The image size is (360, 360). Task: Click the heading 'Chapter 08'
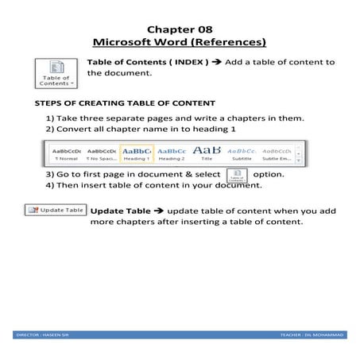179,26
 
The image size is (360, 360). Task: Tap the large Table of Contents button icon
57,72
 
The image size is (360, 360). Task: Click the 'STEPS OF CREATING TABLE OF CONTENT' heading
125,103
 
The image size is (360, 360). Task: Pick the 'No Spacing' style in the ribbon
101,153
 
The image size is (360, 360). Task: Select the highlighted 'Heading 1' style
137,153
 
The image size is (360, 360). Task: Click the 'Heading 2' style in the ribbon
172,153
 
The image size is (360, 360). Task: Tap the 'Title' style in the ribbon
207,153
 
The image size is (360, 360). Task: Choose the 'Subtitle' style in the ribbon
242,153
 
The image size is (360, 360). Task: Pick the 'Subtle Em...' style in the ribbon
277,153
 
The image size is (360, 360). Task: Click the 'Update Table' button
56,210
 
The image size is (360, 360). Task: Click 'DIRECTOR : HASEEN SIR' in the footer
45,335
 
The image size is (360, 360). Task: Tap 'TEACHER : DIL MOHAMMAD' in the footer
312,335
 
